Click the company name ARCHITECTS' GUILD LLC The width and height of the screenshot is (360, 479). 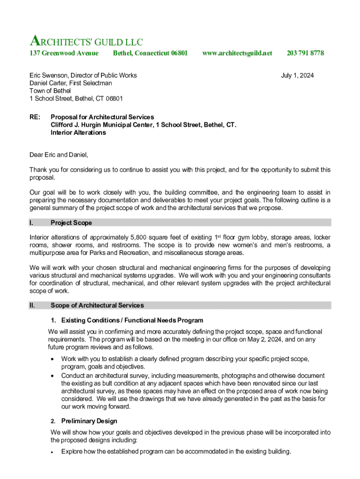click(86, 42)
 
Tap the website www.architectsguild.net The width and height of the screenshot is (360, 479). click(237, 53)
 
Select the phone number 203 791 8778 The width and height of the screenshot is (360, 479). click(305, 53)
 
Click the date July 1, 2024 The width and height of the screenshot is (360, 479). click(297, 75)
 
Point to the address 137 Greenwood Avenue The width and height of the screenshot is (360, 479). click(64, 53)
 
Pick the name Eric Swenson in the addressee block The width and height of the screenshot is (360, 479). click(48, 75)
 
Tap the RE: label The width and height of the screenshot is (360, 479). click(35, 117)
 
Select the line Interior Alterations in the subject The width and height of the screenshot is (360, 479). click(78, 133)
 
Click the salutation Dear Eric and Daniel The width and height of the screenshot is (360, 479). click(58, 155)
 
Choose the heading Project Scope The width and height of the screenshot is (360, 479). click(71, 223)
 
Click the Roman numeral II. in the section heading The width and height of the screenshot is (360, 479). click(33, 305)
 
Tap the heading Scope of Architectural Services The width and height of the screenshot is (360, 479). click(97, 305)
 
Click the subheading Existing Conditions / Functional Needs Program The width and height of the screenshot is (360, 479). click(132, 320)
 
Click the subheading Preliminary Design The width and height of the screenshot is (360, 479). click(89, 421)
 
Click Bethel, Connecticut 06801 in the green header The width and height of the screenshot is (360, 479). click(150, 53)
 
